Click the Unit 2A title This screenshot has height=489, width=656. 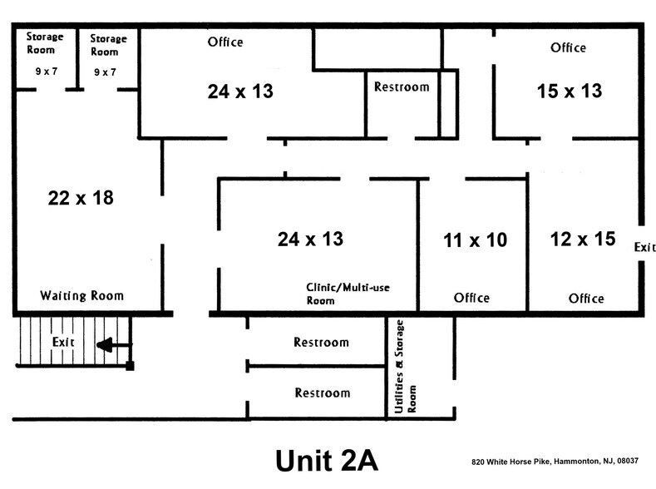pyautogui.click(x=327, y=461)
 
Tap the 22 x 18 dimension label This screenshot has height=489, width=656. pyautogui.click(x=81, y=198)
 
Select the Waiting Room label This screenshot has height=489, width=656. pyautogui.click(x=82, y=296)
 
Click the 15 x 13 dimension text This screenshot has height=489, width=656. pyautogui.click(x=570, y=91)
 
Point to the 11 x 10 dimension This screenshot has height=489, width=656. pyautogui.click(x=476, y=240)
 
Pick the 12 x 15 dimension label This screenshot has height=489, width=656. pyautogui.click(x=583, y=239)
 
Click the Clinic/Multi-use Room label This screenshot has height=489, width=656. pyautogui.click(x=348, y=294)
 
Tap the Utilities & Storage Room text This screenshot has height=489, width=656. pyautogui.click(x=405, y=367)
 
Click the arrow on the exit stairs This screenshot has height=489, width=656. pyautogui.click(x=114, y=345)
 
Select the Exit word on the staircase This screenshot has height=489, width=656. pyautogui.click(x=63, y=342)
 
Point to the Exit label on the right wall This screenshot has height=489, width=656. pyautogui.click(x=644, y=247)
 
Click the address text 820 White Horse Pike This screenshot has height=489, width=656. pyautogui.click(x=555, y=462)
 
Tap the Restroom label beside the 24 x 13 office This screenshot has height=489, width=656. pyautogui.click(x=402, y=87)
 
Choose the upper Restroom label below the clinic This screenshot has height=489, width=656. pyautogui.click(x=321, y=342)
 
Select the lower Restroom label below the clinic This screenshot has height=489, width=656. pyautogui.click(x=323, y=393)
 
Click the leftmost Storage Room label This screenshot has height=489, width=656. pyautogui.click(x=45, y=43)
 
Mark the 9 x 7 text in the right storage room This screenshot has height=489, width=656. pyautogui.click(x=105, y=72)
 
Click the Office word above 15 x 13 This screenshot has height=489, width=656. pyautogui.click(x=568, y=47)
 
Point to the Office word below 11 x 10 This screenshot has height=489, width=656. pyautogui.click(x=471, y=298)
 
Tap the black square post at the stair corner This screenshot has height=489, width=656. pyautogui.click(x=130, y=367)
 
